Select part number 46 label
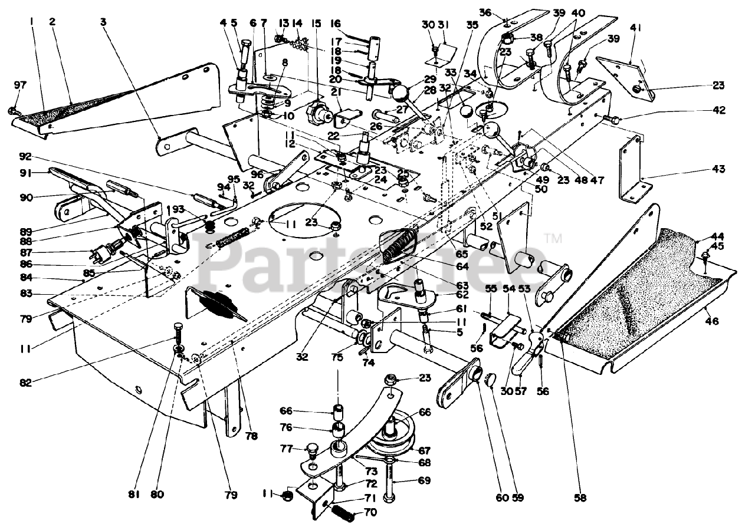point(713,322)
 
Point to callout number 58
point(580,498)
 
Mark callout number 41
point(635,27)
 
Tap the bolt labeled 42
point(610,120)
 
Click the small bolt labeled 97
point(13,110)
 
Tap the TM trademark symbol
point(553,239)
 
